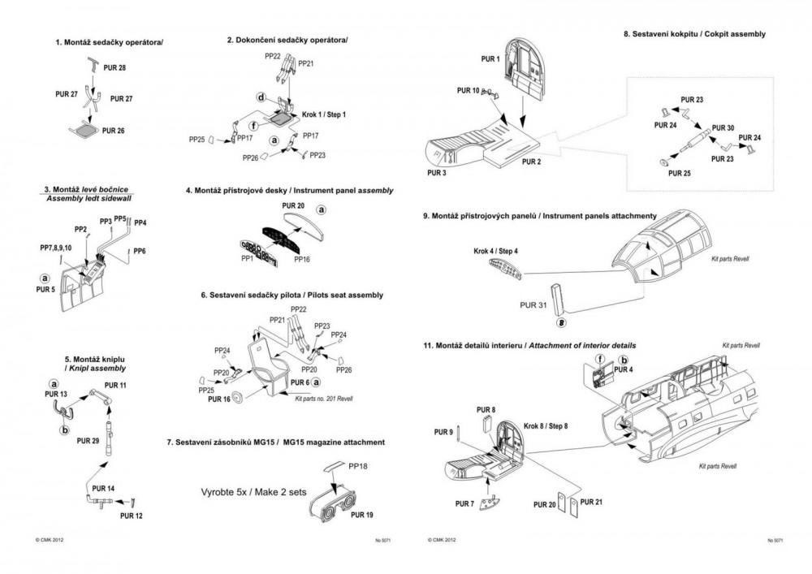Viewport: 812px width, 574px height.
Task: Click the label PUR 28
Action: (x=115, y=67)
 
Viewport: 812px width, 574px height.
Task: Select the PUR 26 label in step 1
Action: (x=114, y=130)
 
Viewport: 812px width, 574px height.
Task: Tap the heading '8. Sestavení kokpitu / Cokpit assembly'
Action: (x=693, y=34)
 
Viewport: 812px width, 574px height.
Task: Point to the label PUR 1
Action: (x=490, y=60)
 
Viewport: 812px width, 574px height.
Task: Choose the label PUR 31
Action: (x=532, y=305)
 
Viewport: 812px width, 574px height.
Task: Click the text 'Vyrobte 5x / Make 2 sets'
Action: (x=253, y=492)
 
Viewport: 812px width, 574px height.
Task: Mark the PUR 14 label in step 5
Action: (x=103, y=488)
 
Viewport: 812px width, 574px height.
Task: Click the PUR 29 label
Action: (x=88, y=440)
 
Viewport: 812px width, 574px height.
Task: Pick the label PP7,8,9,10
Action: (x=56, y=247)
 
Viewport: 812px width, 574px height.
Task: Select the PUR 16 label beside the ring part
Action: (x=219, y=399)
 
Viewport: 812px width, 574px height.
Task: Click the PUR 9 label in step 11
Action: (x=442, y=433)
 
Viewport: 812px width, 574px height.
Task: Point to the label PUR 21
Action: (x=593, y=503)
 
